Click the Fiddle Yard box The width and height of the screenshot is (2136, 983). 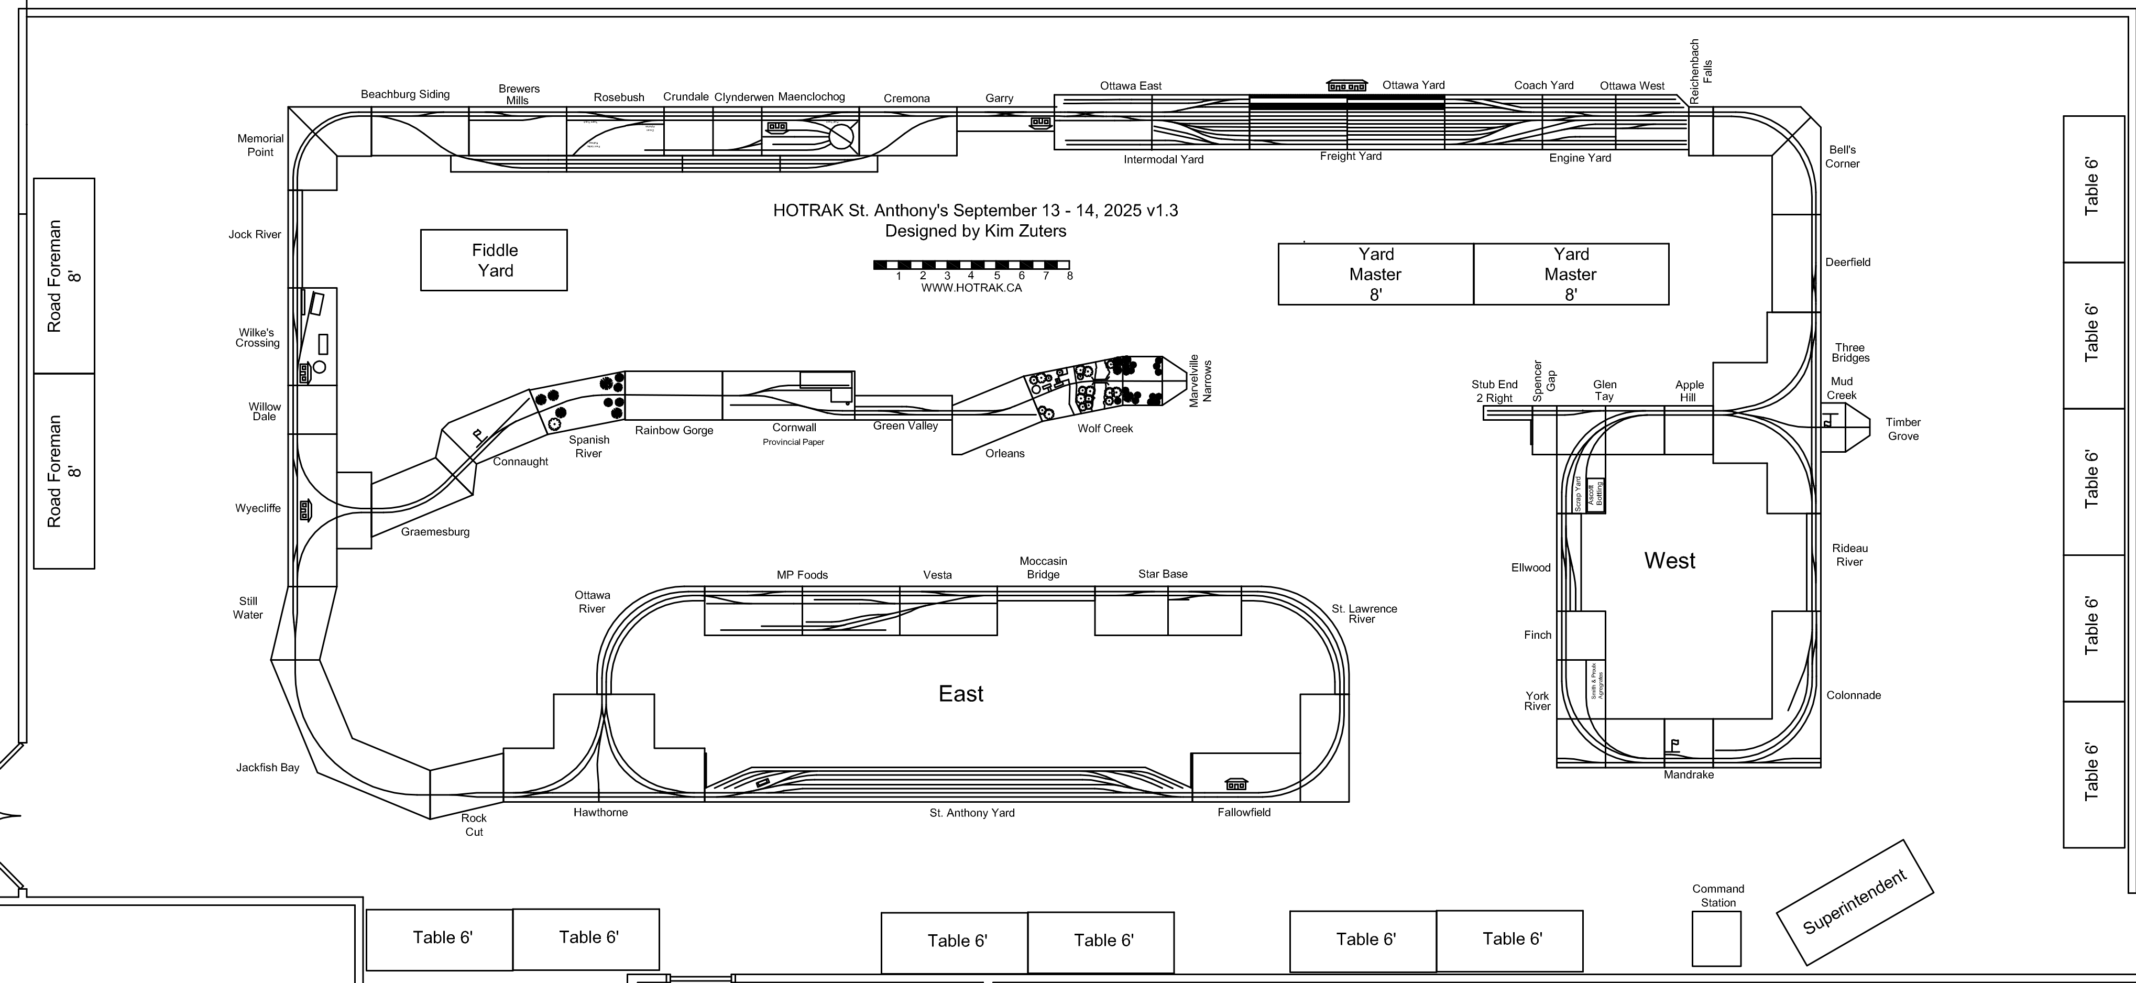(494, 260)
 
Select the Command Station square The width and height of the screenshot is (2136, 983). (1716, 938)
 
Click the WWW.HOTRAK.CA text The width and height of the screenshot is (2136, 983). (971, 288)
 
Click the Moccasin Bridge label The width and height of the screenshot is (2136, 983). (1043, 568)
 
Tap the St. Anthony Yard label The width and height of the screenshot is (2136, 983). (972, 813)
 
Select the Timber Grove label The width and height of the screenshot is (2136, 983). (1903, 429)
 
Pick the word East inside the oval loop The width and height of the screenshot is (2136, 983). (960, 693)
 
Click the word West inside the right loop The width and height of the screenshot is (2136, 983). (1669, 561)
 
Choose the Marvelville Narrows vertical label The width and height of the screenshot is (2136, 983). (1200, 381)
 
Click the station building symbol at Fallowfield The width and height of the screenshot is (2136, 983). (1235, 784)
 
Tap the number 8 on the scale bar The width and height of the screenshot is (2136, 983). (1070, 276)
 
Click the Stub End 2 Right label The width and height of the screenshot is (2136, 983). (1494, 391)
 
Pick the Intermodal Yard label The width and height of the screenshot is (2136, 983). (1164, 159)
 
